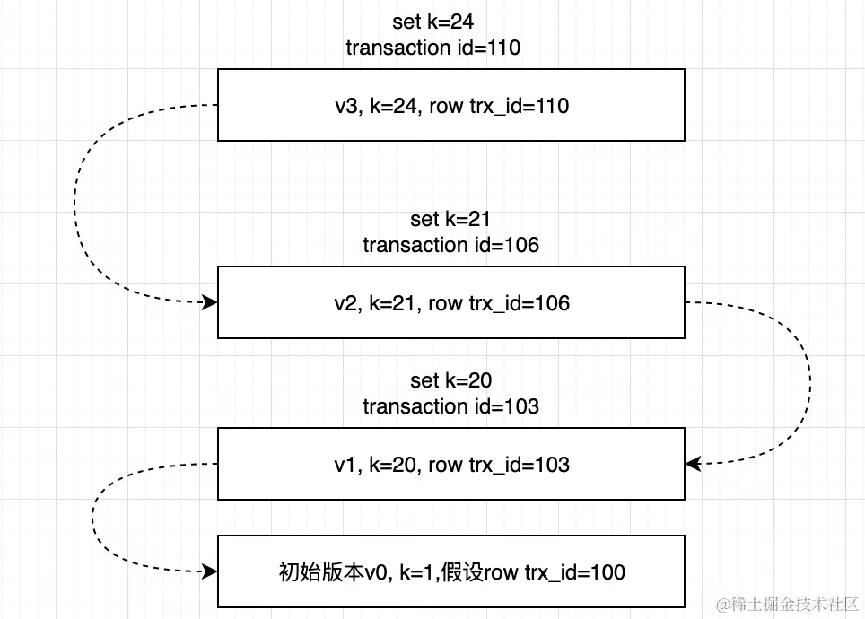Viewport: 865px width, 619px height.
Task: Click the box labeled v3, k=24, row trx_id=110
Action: (450, 106)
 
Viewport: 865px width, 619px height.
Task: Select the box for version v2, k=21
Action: (450, 303)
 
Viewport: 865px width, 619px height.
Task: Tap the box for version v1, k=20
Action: (450, 464)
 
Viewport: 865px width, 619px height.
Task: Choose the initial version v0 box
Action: (450, 571)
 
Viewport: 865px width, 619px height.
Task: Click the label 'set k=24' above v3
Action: (432, 22)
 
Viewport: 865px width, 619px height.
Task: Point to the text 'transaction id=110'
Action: (432, 48)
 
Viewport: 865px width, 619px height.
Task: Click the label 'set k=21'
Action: (450, 219)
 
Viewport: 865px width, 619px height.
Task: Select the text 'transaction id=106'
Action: (450, 244)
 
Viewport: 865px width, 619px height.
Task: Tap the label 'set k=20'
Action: (450, 381)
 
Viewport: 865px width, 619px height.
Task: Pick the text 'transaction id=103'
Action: (450, 406)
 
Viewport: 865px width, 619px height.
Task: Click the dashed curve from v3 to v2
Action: (75, 206)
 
